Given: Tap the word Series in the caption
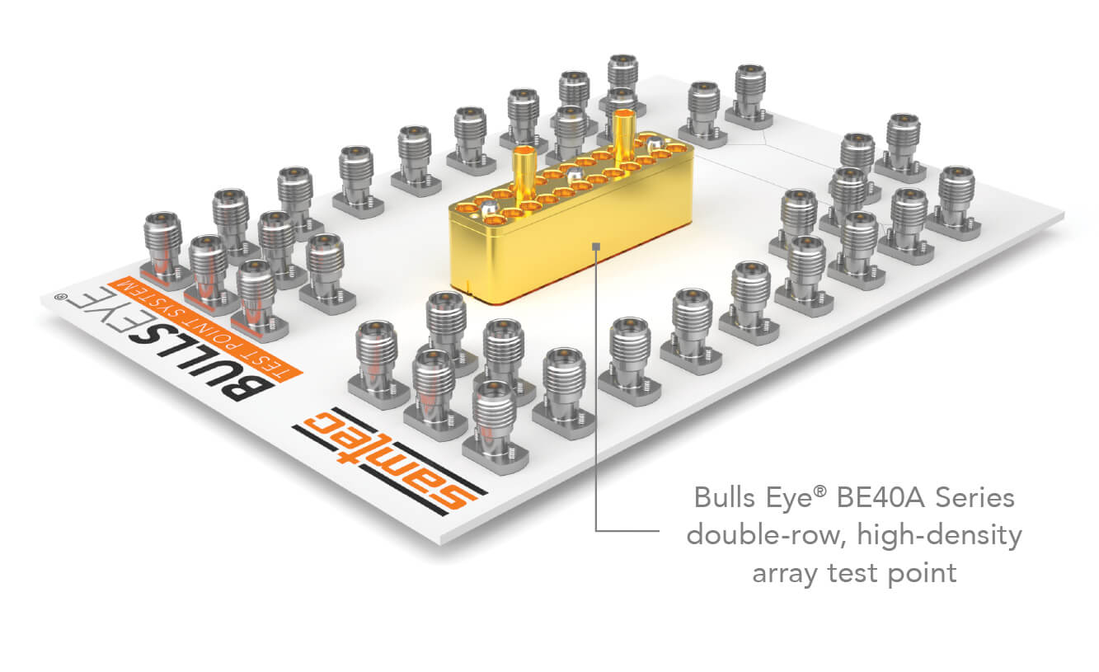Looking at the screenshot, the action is coord(975,498).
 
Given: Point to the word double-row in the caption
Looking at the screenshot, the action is coord(766,535).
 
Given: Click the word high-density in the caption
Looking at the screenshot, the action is coord(940,536).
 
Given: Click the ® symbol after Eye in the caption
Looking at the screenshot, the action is coord(820,491).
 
